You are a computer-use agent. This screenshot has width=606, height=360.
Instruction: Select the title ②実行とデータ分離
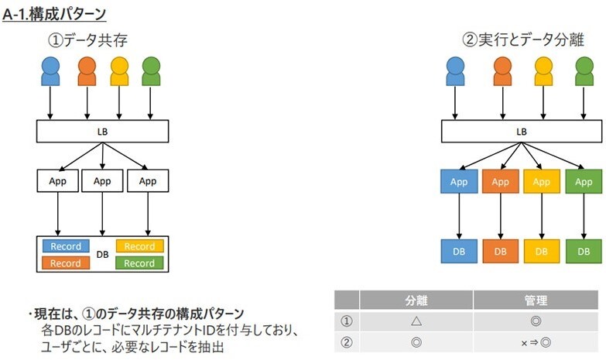pyautogui.click(x=522, y=39)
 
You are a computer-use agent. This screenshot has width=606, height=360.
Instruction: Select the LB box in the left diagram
pyautogui.click(x=102, y=131)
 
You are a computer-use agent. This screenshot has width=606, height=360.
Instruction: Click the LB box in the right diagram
pyautogui.click(x=521, y=131)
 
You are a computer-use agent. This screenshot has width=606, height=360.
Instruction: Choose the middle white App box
pyautogui.click(x=102, y=181)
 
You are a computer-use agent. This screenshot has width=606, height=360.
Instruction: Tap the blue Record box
pyautogui.click(x=66, y=246)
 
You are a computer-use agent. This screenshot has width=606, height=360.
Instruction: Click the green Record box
pyautogui.click(x=139, y=263)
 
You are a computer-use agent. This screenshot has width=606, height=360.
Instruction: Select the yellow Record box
pyautogui.click(x=139, y=246)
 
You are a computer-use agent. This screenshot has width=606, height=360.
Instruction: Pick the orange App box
pyautogui.click(x=501, y=181)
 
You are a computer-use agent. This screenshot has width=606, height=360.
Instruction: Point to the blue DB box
pyautogui.click(x=460, y=251)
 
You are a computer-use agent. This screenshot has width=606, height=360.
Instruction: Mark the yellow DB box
pyautogui.click(x=542, y=251)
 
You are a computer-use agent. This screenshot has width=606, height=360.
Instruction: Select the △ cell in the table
pyautogui.click(x=416, y=321)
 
